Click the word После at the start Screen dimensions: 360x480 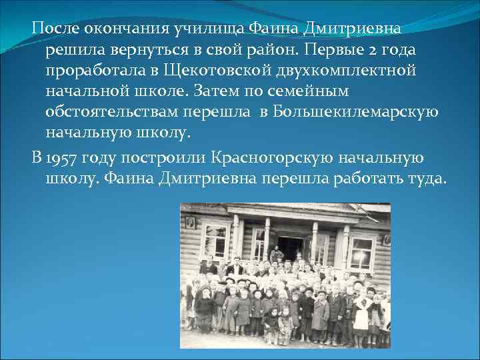click(x=55, y=29)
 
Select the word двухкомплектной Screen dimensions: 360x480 click(x=359, y=71)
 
